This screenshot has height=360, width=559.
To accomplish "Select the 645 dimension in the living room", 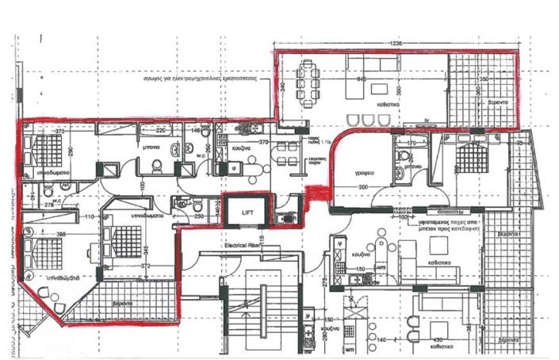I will [361, 79].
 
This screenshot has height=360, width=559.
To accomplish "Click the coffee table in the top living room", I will [377, 88].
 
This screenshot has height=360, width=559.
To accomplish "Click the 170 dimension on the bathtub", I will [411, 144].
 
